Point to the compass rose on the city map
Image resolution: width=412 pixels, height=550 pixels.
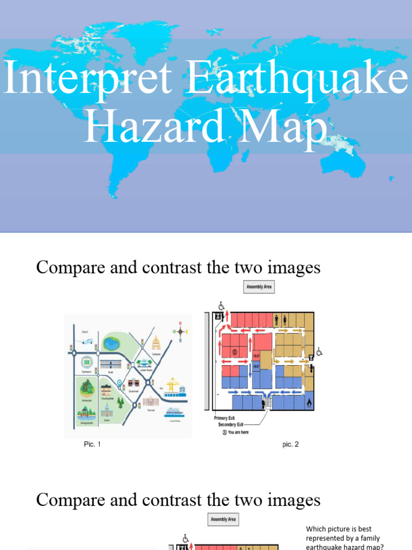180,331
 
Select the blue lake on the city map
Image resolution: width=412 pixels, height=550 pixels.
112,343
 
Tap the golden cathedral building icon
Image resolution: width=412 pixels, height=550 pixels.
156,342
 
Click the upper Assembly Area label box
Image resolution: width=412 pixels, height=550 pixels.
259,287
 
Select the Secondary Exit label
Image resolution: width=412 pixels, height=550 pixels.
234,424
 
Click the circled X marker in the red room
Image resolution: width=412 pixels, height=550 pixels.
234,353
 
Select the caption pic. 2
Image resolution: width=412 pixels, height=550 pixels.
291,444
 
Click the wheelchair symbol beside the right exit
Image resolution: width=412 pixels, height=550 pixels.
320,352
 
